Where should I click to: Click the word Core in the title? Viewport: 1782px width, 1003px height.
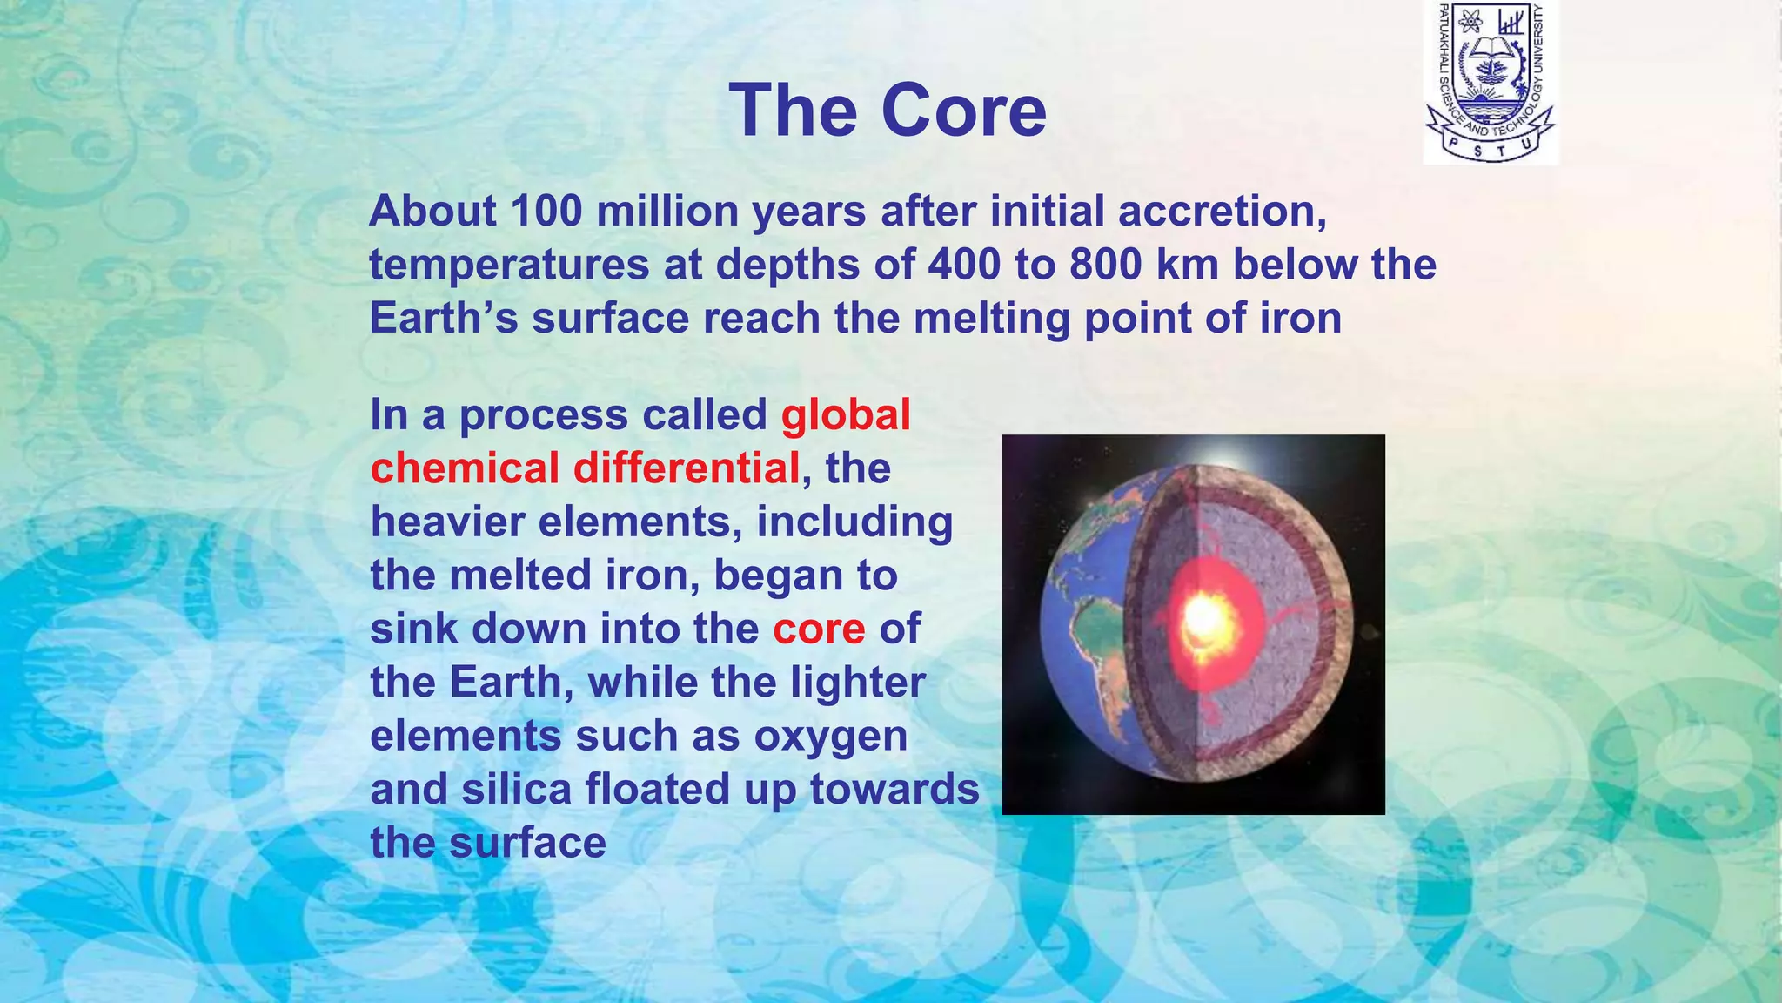pyautogui.click(x=963, y=111)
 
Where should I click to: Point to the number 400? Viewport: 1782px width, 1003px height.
pyautogui.click(x=963, y=265)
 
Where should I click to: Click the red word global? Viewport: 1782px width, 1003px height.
pyautogui.click(x=845, y=414)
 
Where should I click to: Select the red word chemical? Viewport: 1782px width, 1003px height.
pyautogui.click(x=465, y=468)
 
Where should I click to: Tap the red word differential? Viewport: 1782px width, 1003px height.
pyautogui.click(x=687, y=468)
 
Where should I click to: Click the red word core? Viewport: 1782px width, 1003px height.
pyautogui.click(x=819, y=629)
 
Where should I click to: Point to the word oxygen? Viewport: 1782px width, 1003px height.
pyautogui.click(x=830, y=736)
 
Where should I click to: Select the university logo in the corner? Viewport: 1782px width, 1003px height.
pyautogui.click(x=1490, y=82)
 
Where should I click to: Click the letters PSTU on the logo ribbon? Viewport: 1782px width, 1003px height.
pyautogui.click(x=1490, y=149)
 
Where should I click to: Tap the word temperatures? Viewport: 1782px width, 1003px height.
pyautogui.click(x=509, y=265)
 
